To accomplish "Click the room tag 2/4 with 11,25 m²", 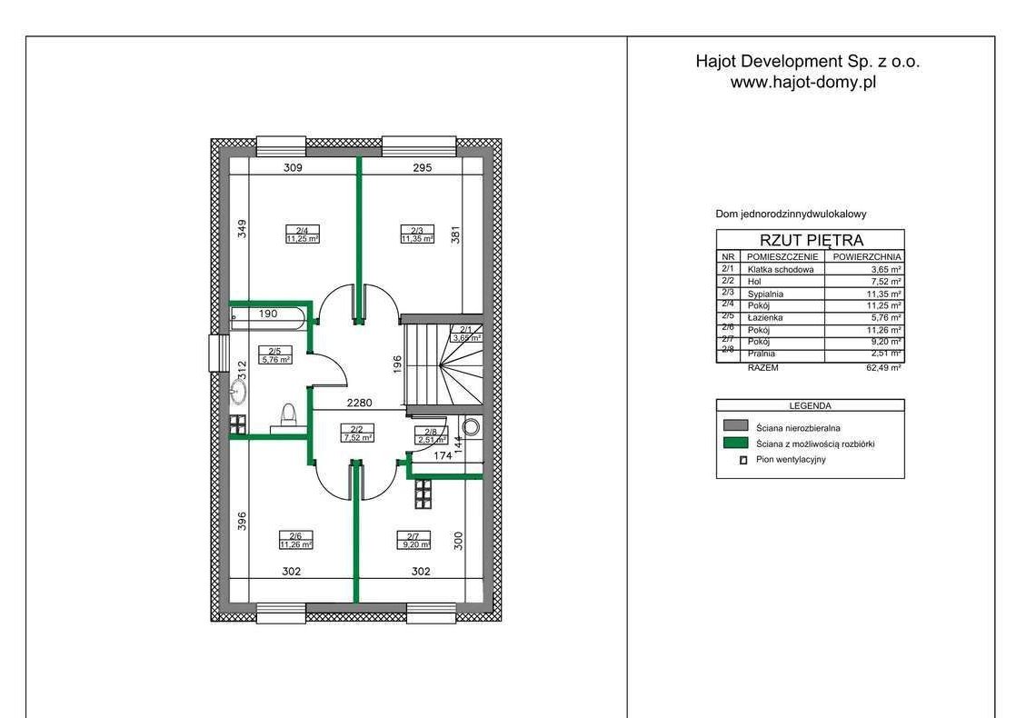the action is click(302, 234).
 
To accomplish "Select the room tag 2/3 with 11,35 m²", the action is click(417, 234).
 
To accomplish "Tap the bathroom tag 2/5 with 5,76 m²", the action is click(275, 355).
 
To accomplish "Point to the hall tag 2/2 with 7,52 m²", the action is click(357, 433).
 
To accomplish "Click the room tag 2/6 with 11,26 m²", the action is click(295, 540).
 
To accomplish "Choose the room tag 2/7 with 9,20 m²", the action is click(413, 540).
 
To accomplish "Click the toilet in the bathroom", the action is click(288, 416).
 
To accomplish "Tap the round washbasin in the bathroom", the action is click(238, 392).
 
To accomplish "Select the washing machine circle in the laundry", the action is click(471, 426).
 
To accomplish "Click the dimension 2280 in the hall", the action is click(360, 403).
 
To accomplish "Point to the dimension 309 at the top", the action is click(293, 168).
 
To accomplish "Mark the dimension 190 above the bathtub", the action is click(268, 314).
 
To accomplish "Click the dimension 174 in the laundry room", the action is click(443, 455).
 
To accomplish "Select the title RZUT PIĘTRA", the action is click(812, 240).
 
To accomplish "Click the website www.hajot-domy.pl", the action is click(803, 83).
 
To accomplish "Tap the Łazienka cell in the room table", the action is click(765, 317).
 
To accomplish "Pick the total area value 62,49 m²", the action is click(884, 367).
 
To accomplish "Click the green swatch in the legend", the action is click(735, 444).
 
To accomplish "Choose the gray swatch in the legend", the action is click(735, 425).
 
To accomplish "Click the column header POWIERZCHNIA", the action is click(867, 256).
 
